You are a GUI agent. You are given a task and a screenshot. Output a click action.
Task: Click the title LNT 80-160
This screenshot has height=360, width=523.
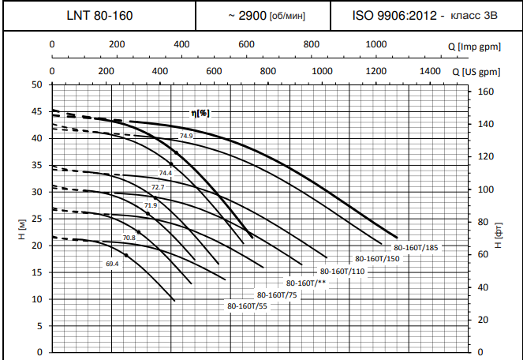click(x=99, y=16)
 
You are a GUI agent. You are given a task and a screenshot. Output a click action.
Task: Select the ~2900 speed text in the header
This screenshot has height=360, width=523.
click(x=266, y=16)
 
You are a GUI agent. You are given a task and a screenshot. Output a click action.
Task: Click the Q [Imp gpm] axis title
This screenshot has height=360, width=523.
click(x=480, y=46)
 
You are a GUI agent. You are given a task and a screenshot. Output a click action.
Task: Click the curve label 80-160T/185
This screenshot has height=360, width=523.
click(x=416, y=248)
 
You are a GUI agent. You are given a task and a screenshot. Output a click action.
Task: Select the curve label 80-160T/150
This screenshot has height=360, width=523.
click(x=377, y=259)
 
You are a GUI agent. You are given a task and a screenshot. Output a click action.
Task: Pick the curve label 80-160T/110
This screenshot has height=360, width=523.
click(x=344, y=272)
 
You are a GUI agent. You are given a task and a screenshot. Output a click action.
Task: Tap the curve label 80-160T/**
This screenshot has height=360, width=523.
click(x=307, y=283)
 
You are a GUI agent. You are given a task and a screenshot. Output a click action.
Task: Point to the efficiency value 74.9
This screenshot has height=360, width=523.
click(x=185, y=137)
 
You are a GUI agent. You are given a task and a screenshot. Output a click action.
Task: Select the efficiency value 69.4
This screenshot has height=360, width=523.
click(x=111, y=264)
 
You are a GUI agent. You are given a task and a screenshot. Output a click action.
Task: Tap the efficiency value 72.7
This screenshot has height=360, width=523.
click(x=158, y=187)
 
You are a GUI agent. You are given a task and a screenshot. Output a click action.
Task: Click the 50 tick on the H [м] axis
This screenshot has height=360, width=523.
click(x=37, y=84)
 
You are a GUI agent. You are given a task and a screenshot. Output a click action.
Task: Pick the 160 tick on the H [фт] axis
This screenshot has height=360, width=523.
click(x=486, y=92)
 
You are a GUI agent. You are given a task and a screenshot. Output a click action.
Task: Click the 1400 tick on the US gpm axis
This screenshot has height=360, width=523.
click(x=430, y=71)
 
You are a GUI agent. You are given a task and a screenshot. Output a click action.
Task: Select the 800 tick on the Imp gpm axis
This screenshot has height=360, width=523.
click(x=311, y=44)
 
